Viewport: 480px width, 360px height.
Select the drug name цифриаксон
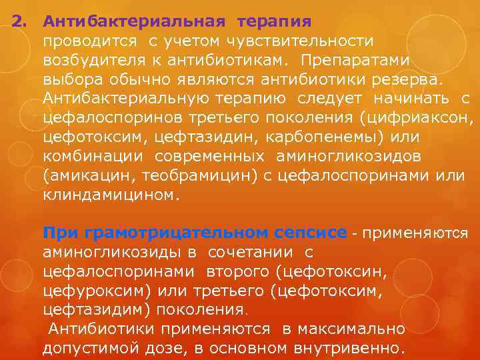point(416,119)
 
